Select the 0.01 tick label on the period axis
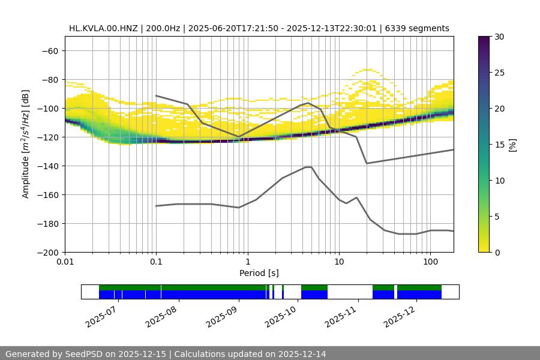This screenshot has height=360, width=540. point(65,263)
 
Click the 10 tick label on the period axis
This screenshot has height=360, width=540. point(339,263)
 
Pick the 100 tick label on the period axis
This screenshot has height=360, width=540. point(430,263)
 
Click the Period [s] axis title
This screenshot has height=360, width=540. point(259,273)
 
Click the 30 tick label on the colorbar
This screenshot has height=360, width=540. point(499,37)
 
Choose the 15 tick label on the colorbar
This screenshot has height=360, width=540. point(499,144)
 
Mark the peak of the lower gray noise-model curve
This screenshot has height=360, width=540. point(308,167)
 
